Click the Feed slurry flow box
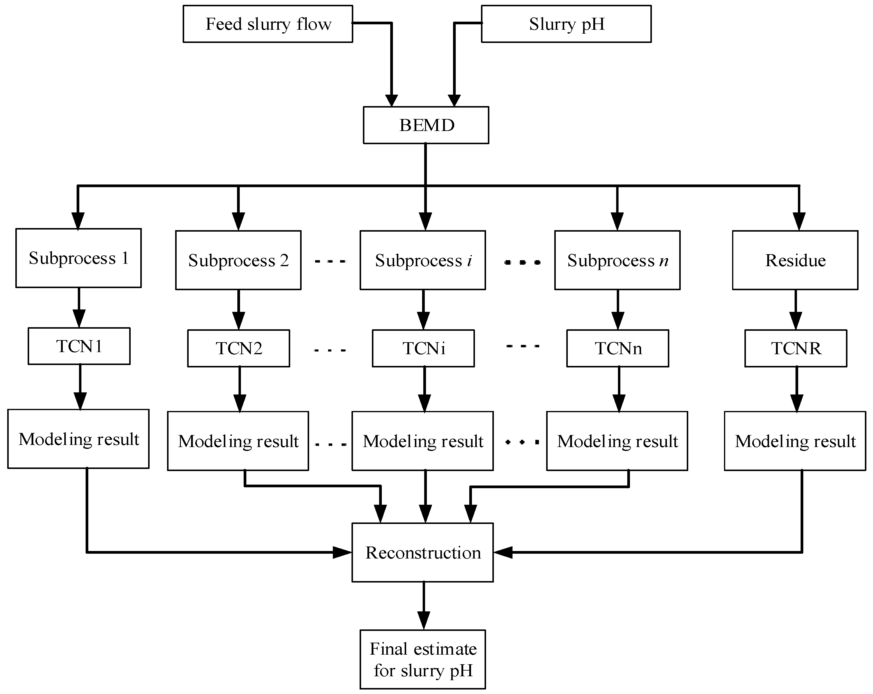268,24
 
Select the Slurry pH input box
566,24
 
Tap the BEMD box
426,125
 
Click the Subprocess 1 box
78,258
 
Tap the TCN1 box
79,346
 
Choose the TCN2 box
239,348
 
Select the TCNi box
423,348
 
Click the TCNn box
617,348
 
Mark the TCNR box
796,348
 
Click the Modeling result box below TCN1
78,439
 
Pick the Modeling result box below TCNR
795,441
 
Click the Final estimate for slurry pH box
423,659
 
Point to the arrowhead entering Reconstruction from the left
342,552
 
